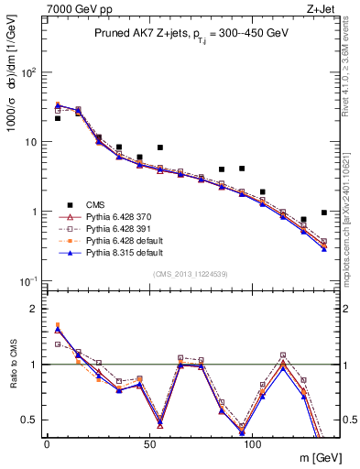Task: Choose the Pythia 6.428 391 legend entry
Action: (x=108, y=231)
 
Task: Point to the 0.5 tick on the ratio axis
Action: (x=30, y=420)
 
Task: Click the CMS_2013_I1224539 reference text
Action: (x=190, y=273)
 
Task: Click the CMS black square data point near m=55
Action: (x=160, y=147)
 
